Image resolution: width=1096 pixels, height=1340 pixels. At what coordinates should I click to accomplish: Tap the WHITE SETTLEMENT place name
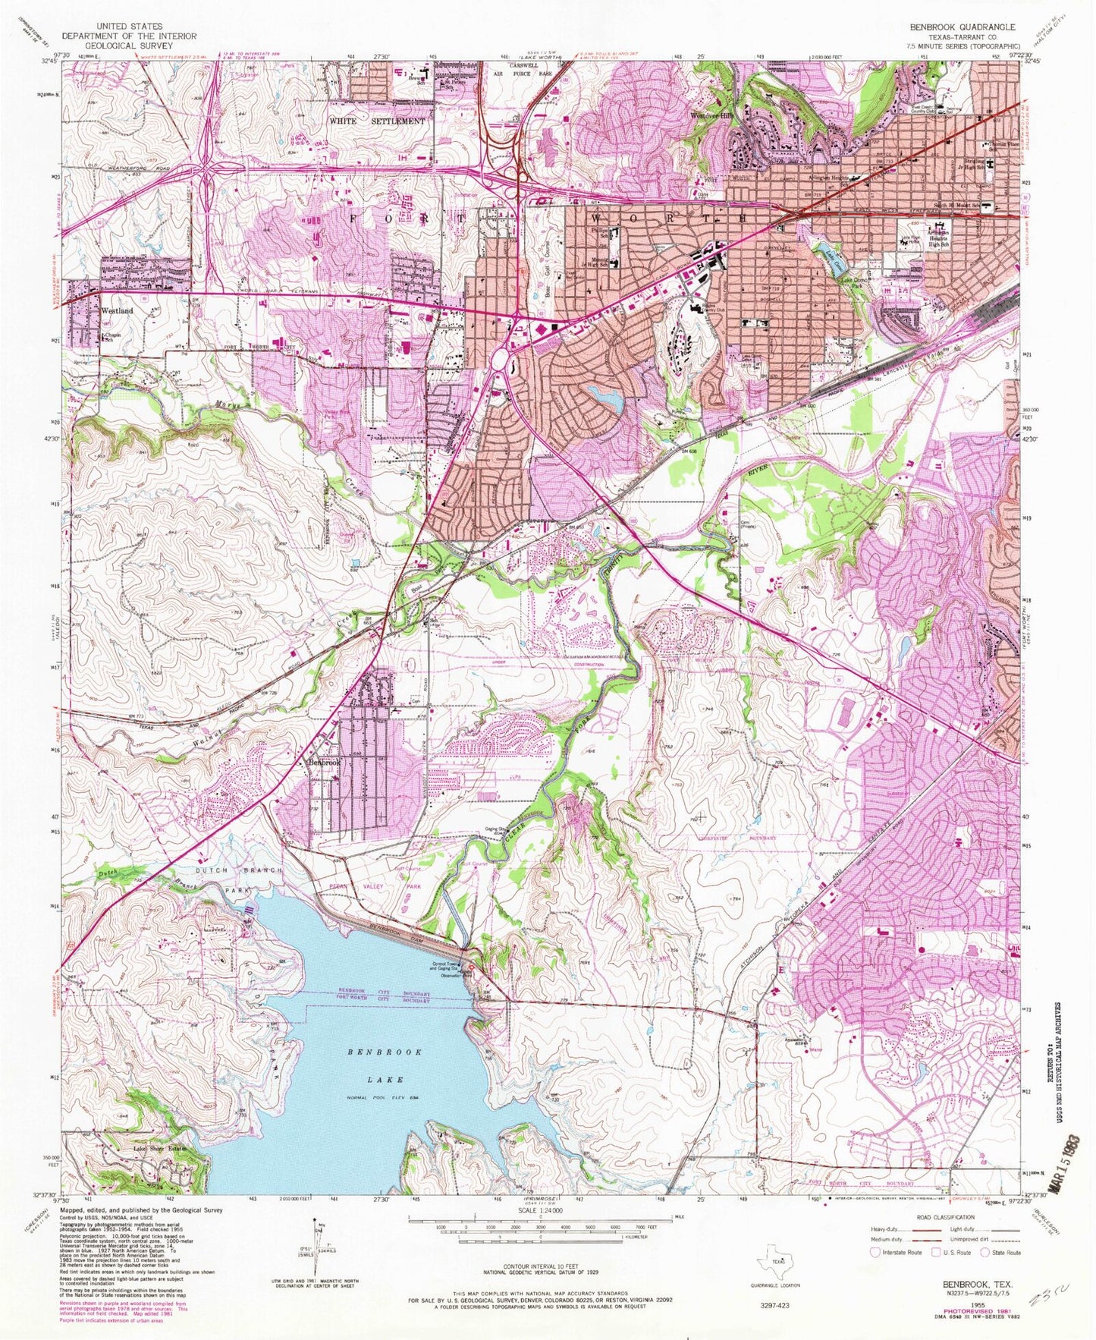tap(377, 121)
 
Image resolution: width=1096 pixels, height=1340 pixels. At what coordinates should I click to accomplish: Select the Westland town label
tap(116, 311)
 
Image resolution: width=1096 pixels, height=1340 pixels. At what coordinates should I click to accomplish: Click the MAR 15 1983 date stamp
tap(1071, 1165)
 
